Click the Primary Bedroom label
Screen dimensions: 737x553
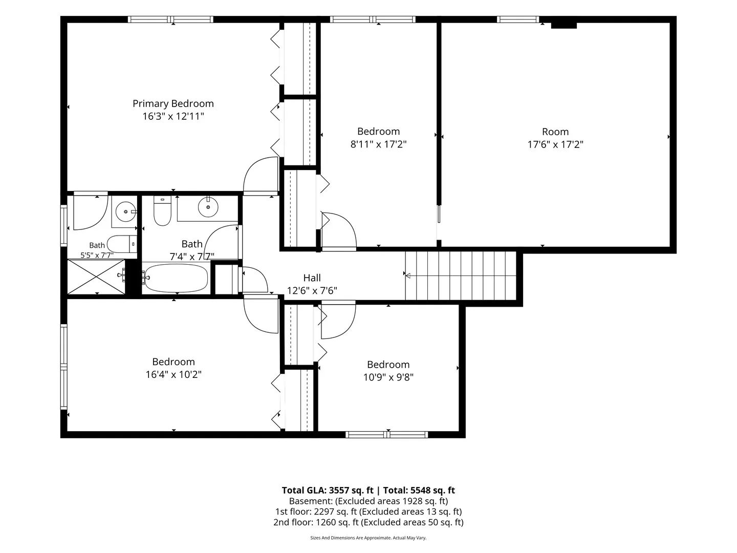(x=173, y=103)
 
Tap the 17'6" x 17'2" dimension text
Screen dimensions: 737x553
(x=555, y=144)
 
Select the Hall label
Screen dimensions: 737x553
(x=312, y=278)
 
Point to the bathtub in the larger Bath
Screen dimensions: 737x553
(x=176, y=278)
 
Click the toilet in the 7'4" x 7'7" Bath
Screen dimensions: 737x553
(x=162, y=211)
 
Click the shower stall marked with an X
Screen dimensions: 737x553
(x=96, y=276)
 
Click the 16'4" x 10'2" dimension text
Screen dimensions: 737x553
(x=174, y=374)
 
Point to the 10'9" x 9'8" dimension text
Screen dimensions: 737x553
(x=388, y=377)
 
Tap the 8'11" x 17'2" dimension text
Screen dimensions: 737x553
(x=378, y=144)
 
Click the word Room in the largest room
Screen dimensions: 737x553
(x=555, y=132)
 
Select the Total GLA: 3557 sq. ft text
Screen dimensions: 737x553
(x=328, y=490)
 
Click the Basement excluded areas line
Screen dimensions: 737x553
(x=368, y=501)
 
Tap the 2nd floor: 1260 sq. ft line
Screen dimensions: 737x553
(x=368, y=522)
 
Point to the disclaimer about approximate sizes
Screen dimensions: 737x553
(x=368, y=538)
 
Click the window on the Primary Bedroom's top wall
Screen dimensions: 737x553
(x=170, y=19)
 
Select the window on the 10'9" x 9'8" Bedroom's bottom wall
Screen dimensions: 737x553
(x=387, y=435)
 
